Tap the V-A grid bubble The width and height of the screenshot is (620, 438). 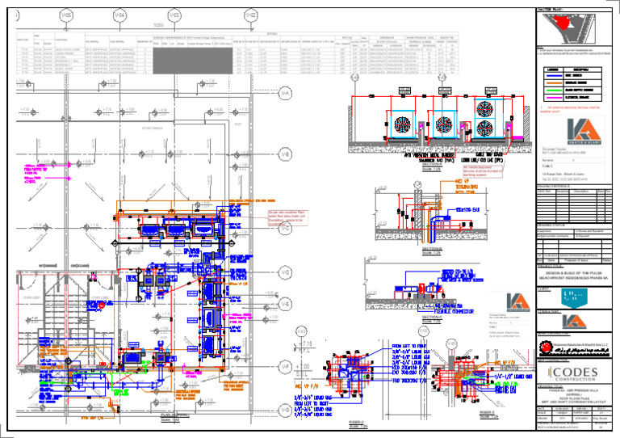coord(284,93)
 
